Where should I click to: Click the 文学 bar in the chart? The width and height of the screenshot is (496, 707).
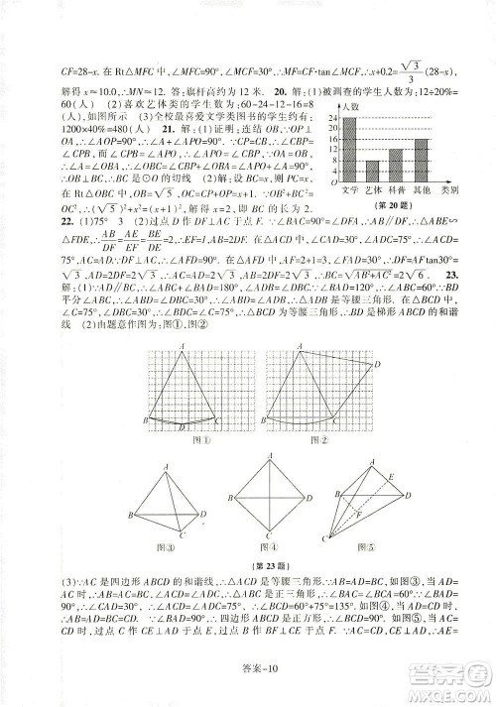point(350,149)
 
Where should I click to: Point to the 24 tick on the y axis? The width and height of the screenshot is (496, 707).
point(334,119)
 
